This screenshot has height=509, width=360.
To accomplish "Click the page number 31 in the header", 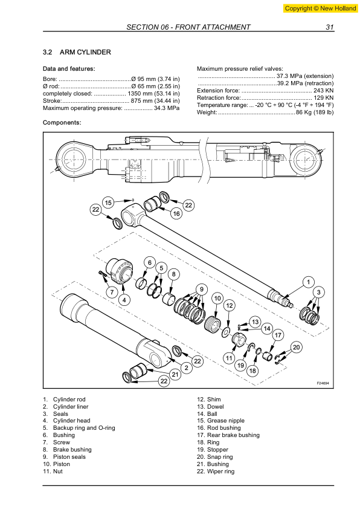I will tap(329, 27).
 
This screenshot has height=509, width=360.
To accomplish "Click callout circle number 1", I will tap(308, 282).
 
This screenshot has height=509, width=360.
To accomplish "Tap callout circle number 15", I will tap(108, 203).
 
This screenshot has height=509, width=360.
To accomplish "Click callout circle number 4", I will tap(123, 300).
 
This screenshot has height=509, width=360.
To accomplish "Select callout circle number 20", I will tap(296, 347).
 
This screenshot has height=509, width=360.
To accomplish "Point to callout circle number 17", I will tap(278, 335).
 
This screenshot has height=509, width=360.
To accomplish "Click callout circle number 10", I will tap(217, 298).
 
